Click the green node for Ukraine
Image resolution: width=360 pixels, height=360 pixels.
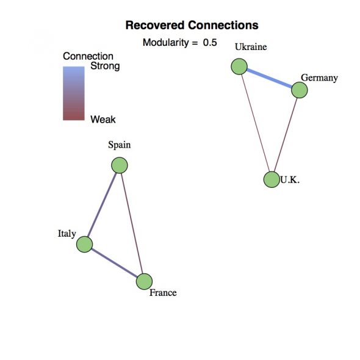coord(239,67)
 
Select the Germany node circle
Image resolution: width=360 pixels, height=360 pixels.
coord(300,90)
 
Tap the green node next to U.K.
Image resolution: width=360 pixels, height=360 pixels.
coord(272,179)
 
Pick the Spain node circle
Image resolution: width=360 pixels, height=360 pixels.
coord(120,165)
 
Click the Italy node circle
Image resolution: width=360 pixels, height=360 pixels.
coord(84,244)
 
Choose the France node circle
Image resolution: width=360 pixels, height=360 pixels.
coord(144,281)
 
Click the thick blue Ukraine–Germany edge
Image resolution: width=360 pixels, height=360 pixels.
coord(269,78)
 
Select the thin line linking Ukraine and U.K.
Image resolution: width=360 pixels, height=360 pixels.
coord(255,123)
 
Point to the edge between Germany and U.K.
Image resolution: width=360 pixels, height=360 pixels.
coord(286,135)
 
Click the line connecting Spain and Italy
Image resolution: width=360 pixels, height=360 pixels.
coord(102,204)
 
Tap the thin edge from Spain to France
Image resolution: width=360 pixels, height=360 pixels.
coord(132,223)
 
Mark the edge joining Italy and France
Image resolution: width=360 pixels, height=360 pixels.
coord(115,263)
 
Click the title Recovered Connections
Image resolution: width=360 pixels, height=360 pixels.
coord(192,25)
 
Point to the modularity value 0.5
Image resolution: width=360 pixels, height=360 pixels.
coord(210,43)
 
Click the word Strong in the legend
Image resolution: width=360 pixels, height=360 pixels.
coord(105,66)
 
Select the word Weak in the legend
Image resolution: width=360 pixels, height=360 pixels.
coord(103,120)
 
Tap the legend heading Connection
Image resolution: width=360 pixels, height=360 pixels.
coord(88,56)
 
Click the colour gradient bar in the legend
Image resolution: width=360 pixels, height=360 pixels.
coord(74,93)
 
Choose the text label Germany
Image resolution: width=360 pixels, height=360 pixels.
coord(319,78)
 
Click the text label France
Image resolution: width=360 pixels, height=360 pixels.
coord(163,293)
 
